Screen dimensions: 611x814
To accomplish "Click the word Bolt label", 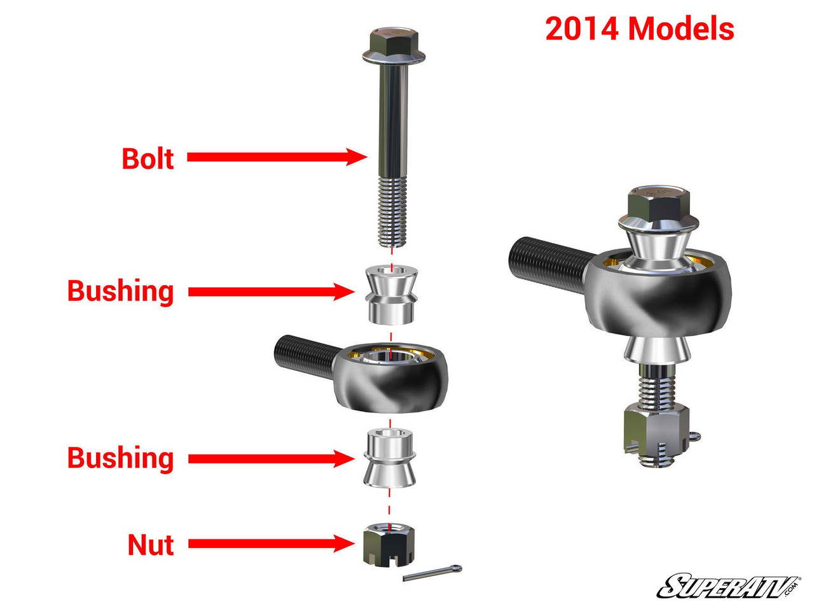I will click(x=148, y=158).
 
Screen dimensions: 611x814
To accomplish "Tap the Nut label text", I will click(x=151, y=545).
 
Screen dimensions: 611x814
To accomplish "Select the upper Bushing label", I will click(x=120, y=291).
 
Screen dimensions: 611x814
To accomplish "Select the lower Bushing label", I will click(x=120, y=458).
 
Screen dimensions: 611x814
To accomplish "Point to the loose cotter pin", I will click(x=432, y=573).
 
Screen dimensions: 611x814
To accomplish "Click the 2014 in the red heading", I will click(x=581, y=29).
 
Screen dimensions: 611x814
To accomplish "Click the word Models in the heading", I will click(x=682, y=29).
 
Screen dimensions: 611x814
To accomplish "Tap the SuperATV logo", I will click(x=729, y=586).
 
